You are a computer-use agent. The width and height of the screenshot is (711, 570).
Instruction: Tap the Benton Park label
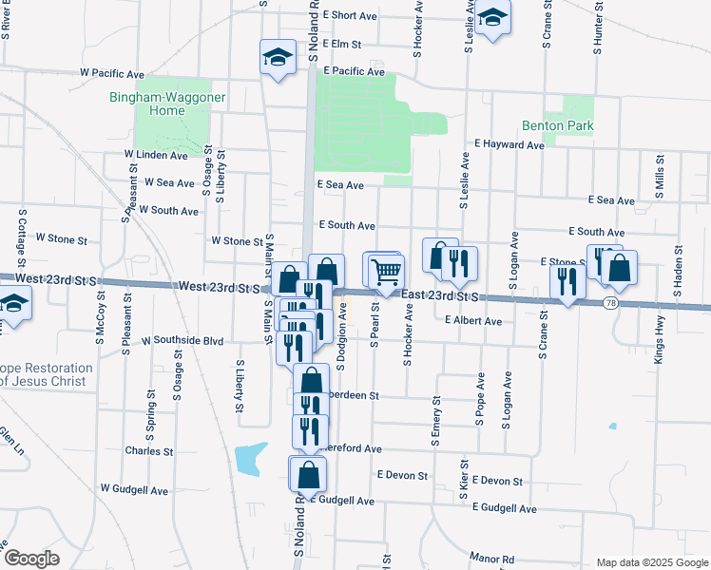pos(557,125)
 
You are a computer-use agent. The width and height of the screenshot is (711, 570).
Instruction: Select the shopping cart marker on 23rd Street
pos(385,272)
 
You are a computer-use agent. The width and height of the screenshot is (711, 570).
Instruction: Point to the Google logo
pos(31,559)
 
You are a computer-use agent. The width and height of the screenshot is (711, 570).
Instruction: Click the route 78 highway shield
pos(609,303)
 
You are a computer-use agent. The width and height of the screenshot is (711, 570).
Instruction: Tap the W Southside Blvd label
pos(182,339)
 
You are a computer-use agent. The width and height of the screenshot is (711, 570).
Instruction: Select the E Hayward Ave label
pos(509,144)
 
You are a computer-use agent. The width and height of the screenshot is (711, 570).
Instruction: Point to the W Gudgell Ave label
pos(134,490)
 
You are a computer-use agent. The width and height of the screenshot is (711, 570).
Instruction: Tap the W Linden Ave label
pos(156,154)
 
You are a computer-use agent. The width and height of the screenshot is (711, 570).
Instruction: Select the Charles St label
pos(149,451)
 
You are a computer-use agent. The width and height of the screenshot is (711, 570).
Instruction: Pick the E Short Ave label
pos(351,15)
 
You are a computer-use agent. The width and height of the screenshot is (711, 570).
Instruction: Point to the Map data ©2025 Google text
pos(651,561)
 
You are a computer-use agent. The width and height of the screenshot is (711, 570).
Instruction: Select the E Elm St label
pos(342,44)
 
